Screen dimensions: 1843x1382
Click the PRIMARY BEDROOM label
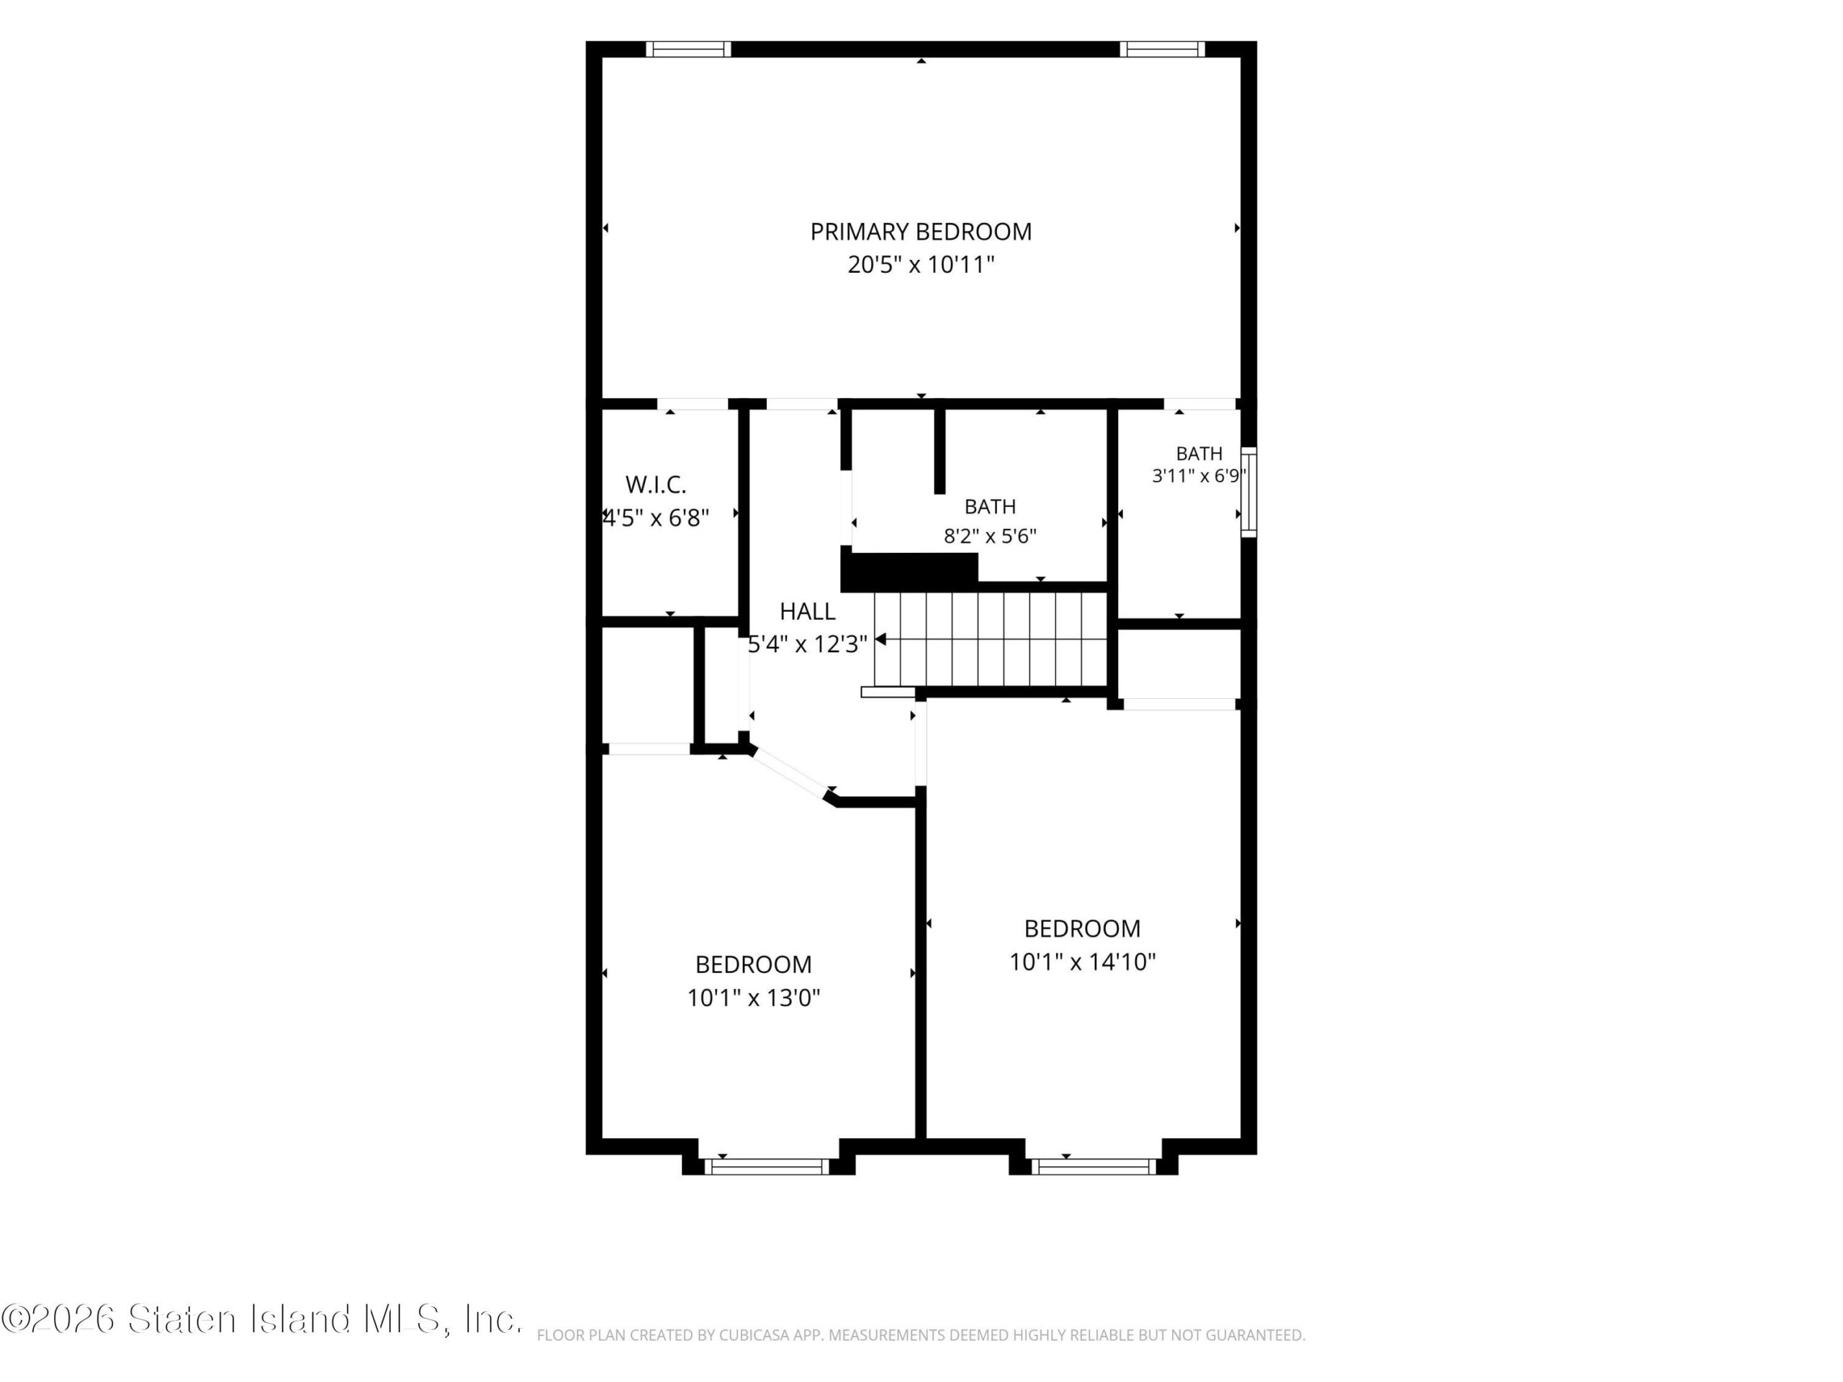coord(921,232)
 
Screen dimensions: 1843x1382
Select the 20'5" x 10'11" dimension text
coord(921,265)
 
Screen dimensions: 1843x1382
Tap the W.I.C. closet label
coord(656,485)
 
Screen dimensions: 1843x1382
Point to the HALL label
coord(807,611)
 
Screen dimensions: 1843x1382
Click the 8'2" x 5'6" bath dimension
coord(990,536)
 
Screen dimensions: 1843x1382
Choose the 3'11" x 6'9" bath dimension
coord(1199,476)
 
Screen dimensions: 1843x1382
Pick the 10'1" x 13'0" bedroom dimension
coord(753,998)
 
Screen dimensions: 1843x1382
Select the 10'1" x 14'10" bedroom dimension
coord(1082,962)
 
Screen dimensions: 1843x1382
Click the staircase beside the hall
coord(990,639)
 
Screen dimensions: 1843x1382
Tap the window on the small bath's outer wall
coord(1248,492)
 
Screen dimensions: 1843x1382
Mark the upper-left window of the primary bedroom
coord(688,49)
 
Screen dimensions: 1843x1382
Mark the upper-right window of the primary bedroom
coord(1161,49)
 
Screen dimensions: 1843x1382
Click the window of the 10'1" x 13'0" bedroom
coord(767,1166)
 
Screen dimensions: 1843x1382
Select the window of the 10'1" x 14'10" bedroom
coord(1094,1166)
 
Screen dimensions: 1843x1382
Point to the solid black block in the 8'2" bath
coord(909,572)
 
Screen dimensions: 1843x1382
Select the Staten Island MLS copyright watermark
coord(261,1319)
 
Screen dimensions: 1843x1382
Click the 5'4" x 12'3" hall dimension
coord(807,644)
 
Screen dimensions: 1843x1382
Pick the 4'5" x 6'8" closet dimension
coord(656,518)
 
